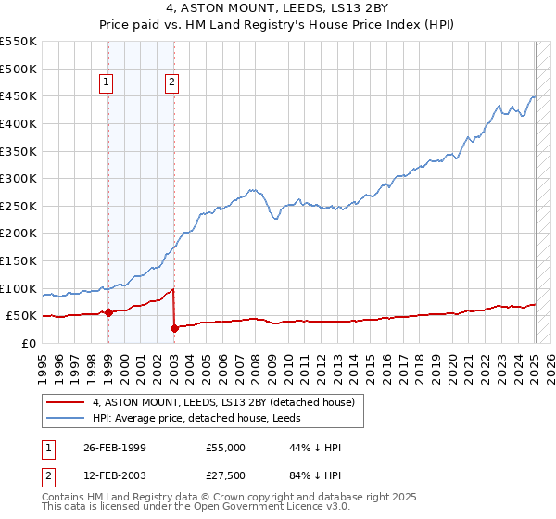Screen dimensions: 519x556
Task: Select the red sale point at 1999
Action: (108, 312)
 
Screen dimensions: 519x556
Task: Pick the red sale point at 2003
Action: (174, 327)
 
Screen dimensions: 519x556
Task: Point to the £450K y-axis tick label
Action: (18, 95)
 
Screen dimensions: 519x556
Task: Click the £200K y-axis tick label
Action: (18, 233)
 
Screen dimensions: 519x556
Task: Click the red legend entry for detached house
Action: (223, 402)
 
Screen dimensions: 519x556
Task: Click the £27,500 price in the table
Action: (225, 476)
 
